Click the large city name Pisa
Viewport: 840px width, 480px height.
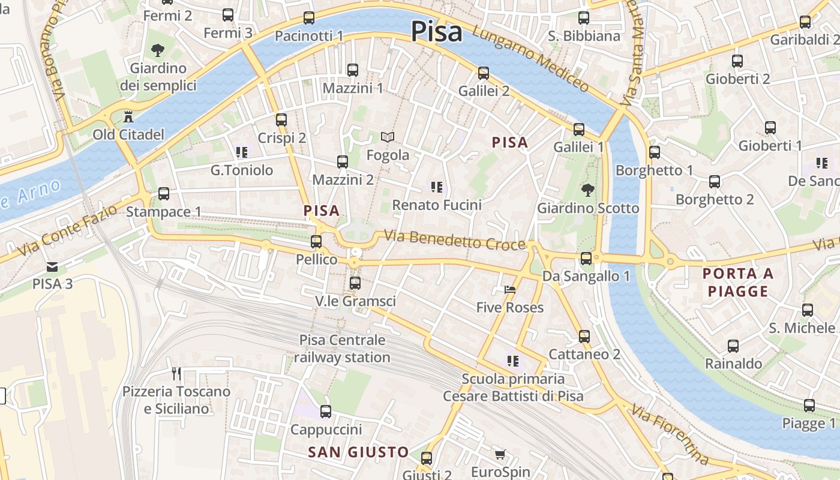pos(437,32)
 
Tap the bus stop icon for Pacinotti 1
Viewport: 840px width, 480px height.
pos(309,18)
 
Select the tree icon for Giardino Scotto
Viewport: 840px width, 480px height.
pos(587,190)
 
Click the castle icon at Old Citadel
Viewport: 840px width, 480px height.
pos(128,116)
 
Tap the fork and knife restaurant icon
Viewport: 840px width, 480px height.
pos(176,373)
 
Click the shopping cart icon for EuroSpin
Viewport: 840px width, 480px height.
pos(500,454)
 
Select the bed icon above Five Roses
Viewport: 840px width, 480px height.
pos(510,290)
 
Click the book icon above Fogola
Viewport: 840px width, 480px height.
pos(388,137)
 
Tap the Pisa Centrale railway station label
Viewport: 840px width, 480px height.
pos(342,349)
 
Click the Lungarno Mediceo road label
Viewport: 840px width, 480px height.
pos(530,59)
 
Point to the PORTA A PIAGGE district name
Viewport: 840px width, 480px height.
pos(738,283)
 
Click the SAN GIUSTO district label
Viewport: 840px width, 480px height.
pos(358,452)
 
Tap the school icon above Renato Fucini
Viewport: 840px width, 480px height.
pos(437,187)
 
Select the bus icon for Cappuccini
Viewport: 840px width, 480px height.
pos(326,412)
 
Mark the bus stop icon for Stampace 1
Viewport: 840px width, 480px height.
pos(163,194)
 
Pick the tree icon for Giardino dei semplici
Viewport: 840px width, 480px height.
pos(158,50)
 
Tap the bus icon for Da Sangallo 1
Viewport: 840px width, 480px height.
pos(586,259)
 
